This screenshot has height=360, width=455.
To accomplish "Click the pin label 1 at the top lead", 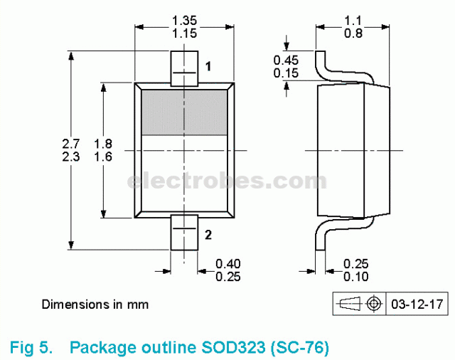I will [x=208, y=67].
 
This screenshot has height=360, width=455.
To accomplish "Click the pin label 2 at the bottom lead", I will [x=208, y=234].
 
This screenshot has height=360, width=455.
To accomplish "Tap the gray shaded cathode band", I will [x=184, y=112].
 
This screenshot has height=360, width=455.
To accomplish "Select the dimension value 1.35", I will [x=184, y=20].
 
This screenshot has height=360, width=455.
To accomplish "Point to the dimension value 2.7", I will [x=71, y=144].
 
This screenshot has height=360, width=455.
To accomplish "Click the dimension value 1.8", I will [x=104, y=144].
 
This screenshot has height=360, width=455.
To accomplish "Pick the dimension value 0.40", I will [x=227, y=264].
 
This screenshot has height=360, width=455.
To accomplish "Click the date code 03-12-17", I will [x=417, y=305].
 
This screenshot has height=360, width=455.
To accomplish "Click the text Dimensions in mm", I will [x=95, y=305].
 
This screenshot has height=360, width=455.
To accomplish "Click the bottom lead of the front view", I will [x=184, y=233].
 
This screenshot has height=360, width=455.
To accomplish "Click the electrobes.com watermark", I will [x=227, y=181].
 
